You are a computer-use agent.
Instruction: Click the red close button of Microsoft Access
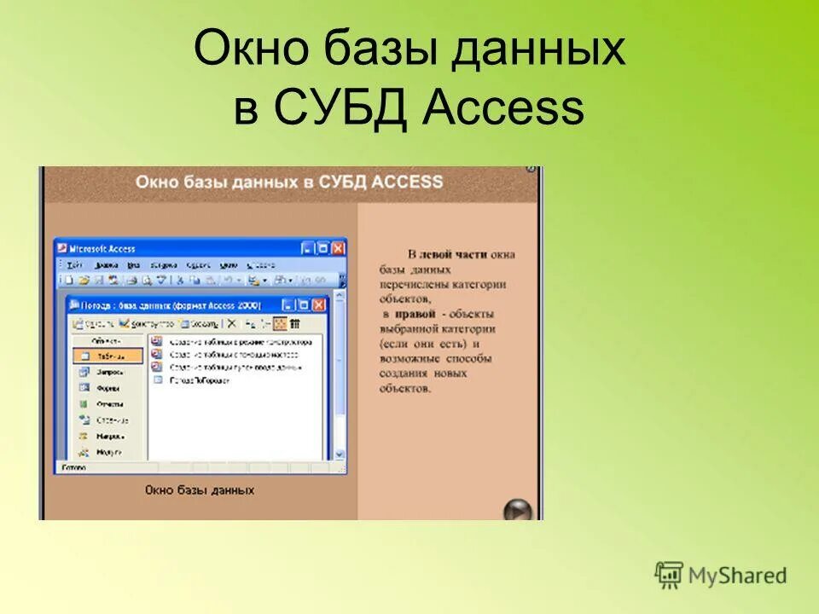[x=339, y=248]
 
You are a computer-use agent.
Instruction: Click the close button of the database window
[x=319, y=304]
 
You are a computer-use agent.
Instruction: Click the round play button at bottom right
[x=517, y=511]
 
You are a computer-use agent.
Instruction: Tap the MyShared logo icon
[x=669, y=576]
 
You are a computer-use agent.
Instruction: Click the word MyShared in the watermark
[x=737, y=576]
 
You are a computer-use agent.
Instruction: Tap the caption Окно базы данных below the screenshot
[x=199, y=490]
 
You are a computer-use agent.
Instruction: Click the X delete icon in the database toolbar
[x=231, y=324]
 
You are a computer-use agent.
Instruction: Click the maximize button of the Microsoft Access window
[x=323, y=248]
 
